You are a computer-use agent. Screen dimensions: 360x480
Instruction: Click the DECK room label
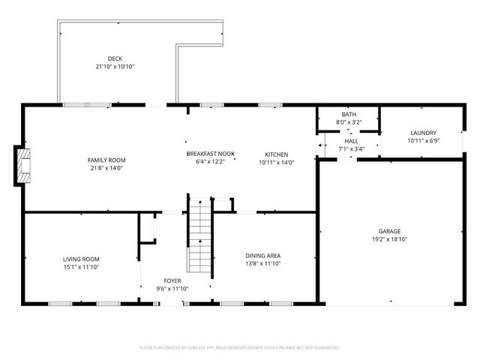(115, 58)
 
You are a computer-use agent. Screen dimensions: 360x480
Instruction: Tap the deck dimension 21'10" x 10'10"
(115, 67)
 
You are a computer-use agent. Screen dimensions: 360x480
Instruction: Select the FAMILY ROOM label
(106, 160)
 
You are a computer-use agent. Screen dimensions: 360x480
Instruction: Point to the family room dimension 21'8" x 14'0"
(106, 169)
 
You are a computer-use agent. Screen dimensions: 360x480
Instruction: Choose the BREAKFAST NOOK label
(211, 153)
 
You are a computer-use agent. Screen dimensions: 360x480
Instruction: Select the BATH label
(349, 114)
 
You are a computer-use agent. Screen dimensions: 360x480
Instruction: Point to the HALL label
(351, 140)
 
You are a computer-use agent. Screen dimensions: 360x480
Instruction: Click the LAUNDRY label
(422, 133)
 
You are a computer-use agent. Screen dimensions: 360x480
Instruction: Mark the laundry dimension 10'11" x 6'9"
(422, 141)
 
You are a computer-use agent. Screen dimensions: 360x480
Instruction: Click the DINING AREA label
(262, 256)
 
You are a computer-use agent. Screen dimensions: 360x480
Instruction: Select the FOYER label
(172, 280)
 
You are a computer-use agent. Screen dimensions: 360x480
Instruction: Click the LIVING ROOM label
(81, 259)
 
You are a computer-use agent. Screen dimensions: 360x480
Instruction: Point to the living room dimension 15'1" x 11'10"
(81, 267)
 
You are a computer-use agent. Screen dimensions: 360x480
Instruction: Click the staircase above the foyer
(199, 236)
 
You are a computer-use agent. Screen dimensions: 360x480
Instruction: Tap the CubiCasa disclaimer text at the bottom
(240, 348)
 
